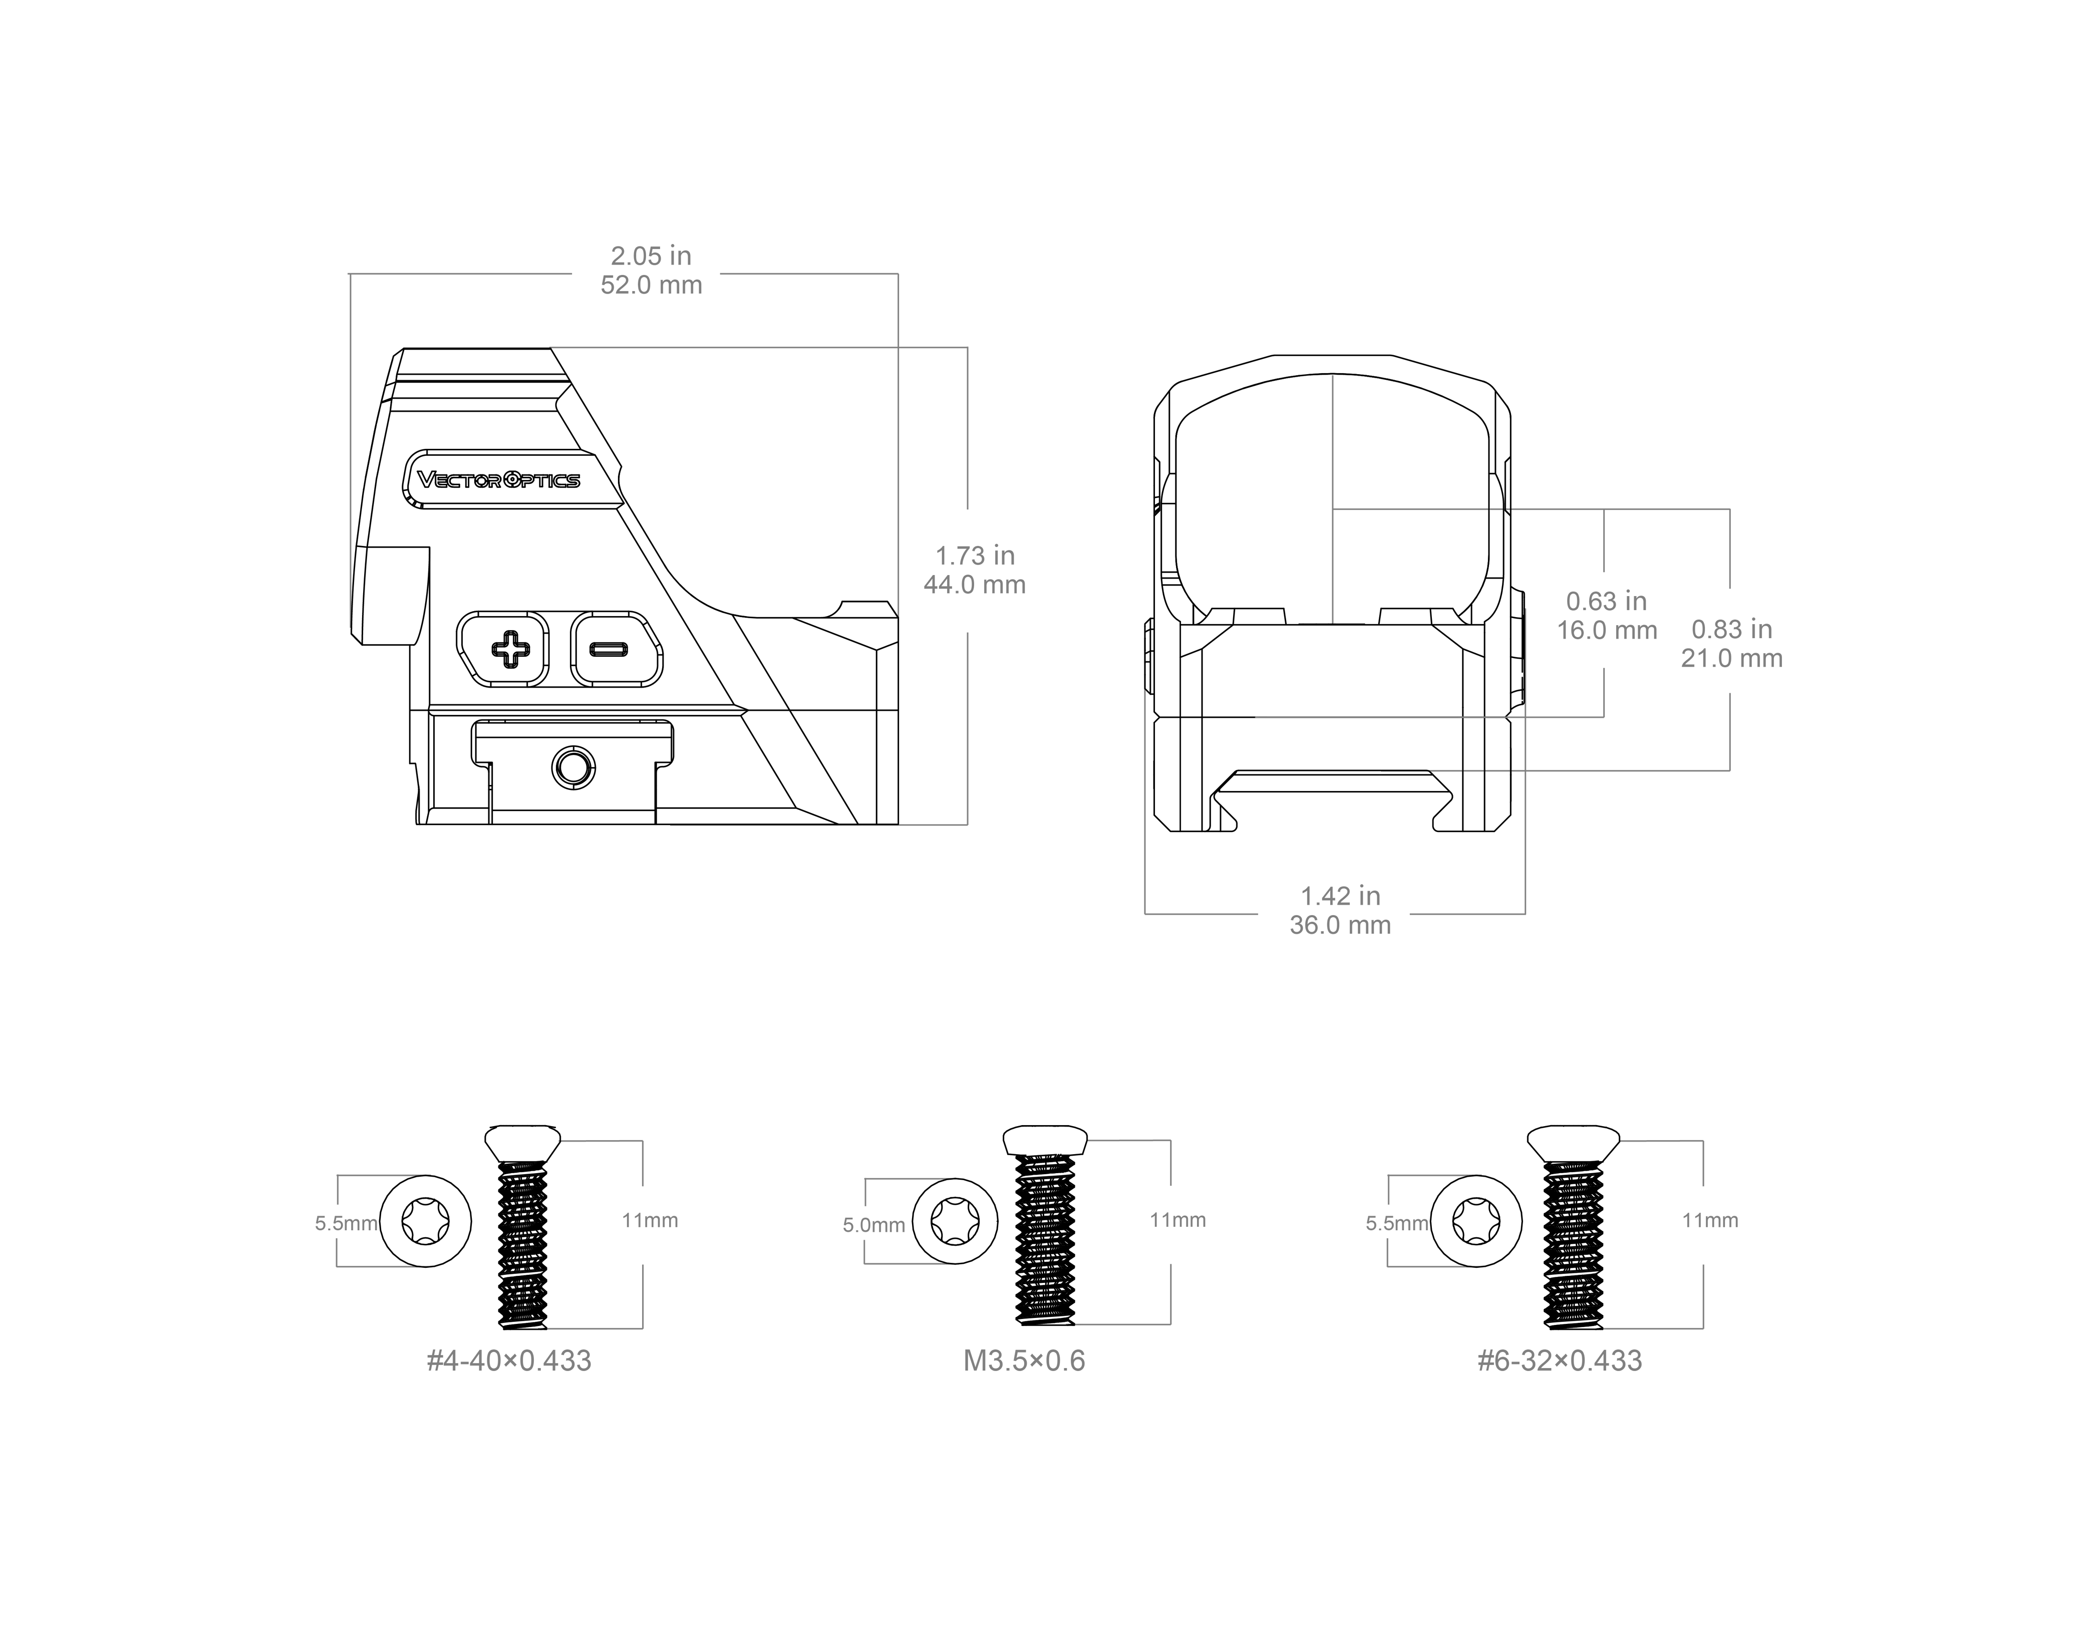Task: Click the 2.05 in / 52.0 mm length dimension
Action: tap(652, 270)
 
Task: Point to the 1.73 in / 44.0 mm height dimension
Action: tap(975, 570)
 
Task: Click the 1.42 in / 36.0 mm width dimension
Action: tap(1341, 910)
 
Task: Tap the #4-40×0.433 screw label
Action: tap(509, 1361)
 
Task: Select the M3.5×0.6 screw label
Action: tap(1025, 1361)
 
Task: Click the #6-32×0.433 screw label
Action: tap(1560, 1361)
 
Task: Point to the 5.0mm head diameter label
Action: tap(873, 1225)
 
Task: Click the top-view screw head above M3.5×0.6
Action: tap(955, 1221)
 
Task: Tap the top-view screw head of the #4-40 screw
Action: tap(426, 1221)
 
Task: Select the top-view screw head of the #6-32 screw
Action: tap(1476, 1221)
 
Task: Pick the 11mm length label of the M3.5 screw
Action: tap(1177, 1220)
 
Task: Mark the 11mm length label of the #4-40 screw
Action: tap(650, 1220)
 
